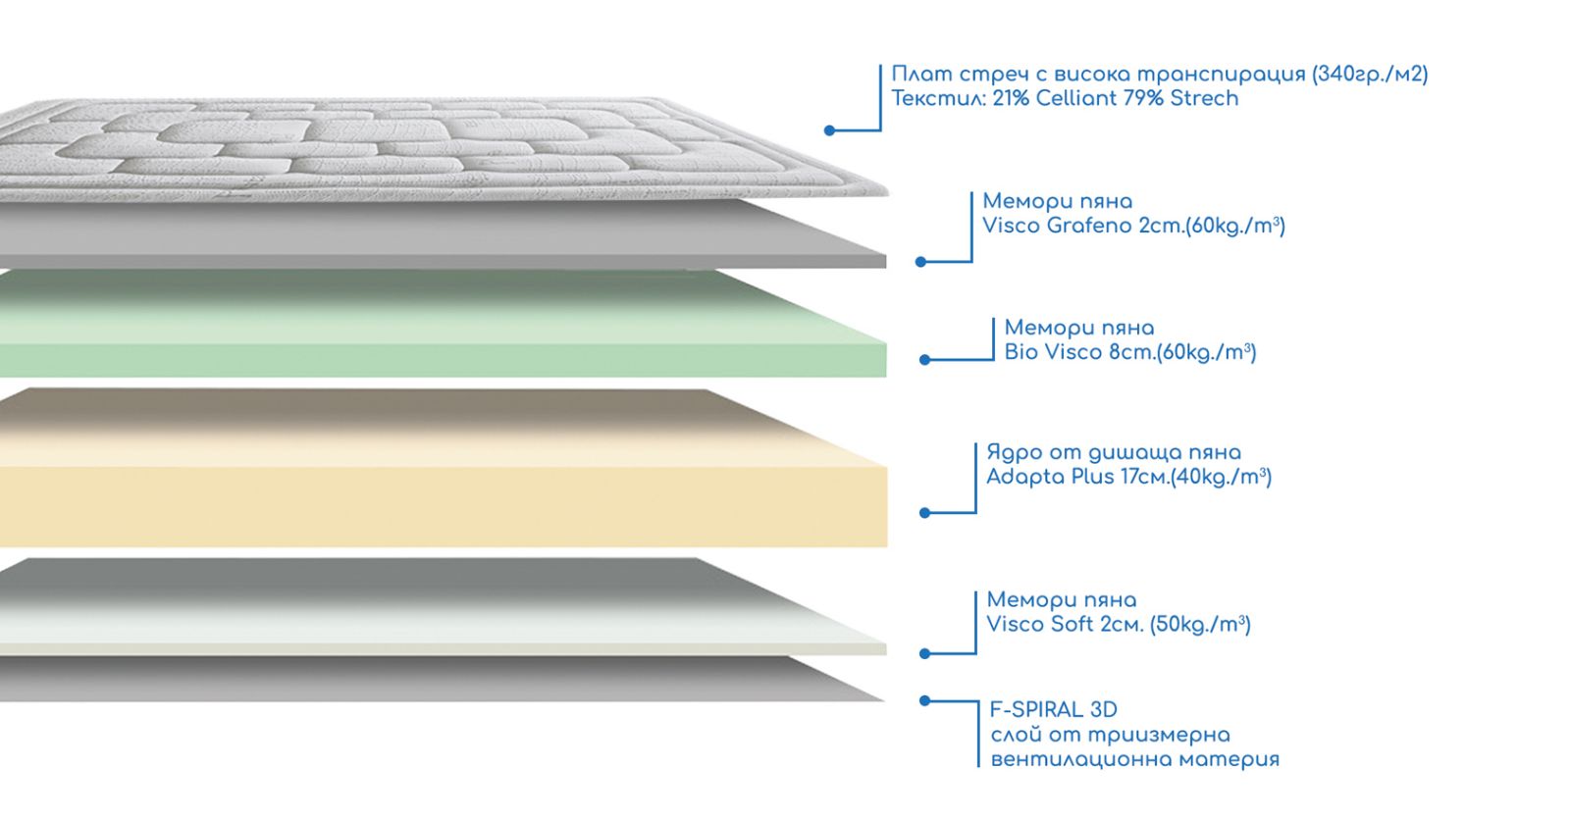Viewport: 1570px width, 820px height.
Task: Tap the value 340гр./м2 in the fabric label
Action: click(x=1370, y=74)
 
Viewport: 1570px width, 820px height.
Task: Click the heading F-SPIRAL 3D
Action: click(x=1053, y=709)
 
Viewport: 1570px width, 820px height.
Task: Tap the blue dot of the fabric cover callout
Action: click(x=830, y=129)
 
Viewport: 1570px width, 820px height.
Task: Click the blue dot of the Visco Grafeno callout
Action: click(x=920, y=262)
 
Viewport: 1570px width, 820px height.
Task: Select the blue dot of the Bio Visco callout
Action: click(x=924, y=360)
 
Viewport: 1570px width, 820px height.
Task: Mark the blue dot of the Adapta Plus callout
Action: click(x=924, y=512)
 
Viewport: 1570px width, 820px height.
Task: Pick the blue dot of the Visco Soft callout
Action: click(x=924, y=653)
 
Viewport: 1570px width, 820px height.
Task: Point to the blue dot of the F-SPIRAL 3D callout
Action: click(x=924, y=700)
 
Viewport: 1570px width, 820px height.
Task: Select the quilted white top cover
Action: click(x=392, y=147)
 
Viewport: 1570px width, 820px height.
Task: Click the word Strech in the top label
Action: click(x=1204, y=98)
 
